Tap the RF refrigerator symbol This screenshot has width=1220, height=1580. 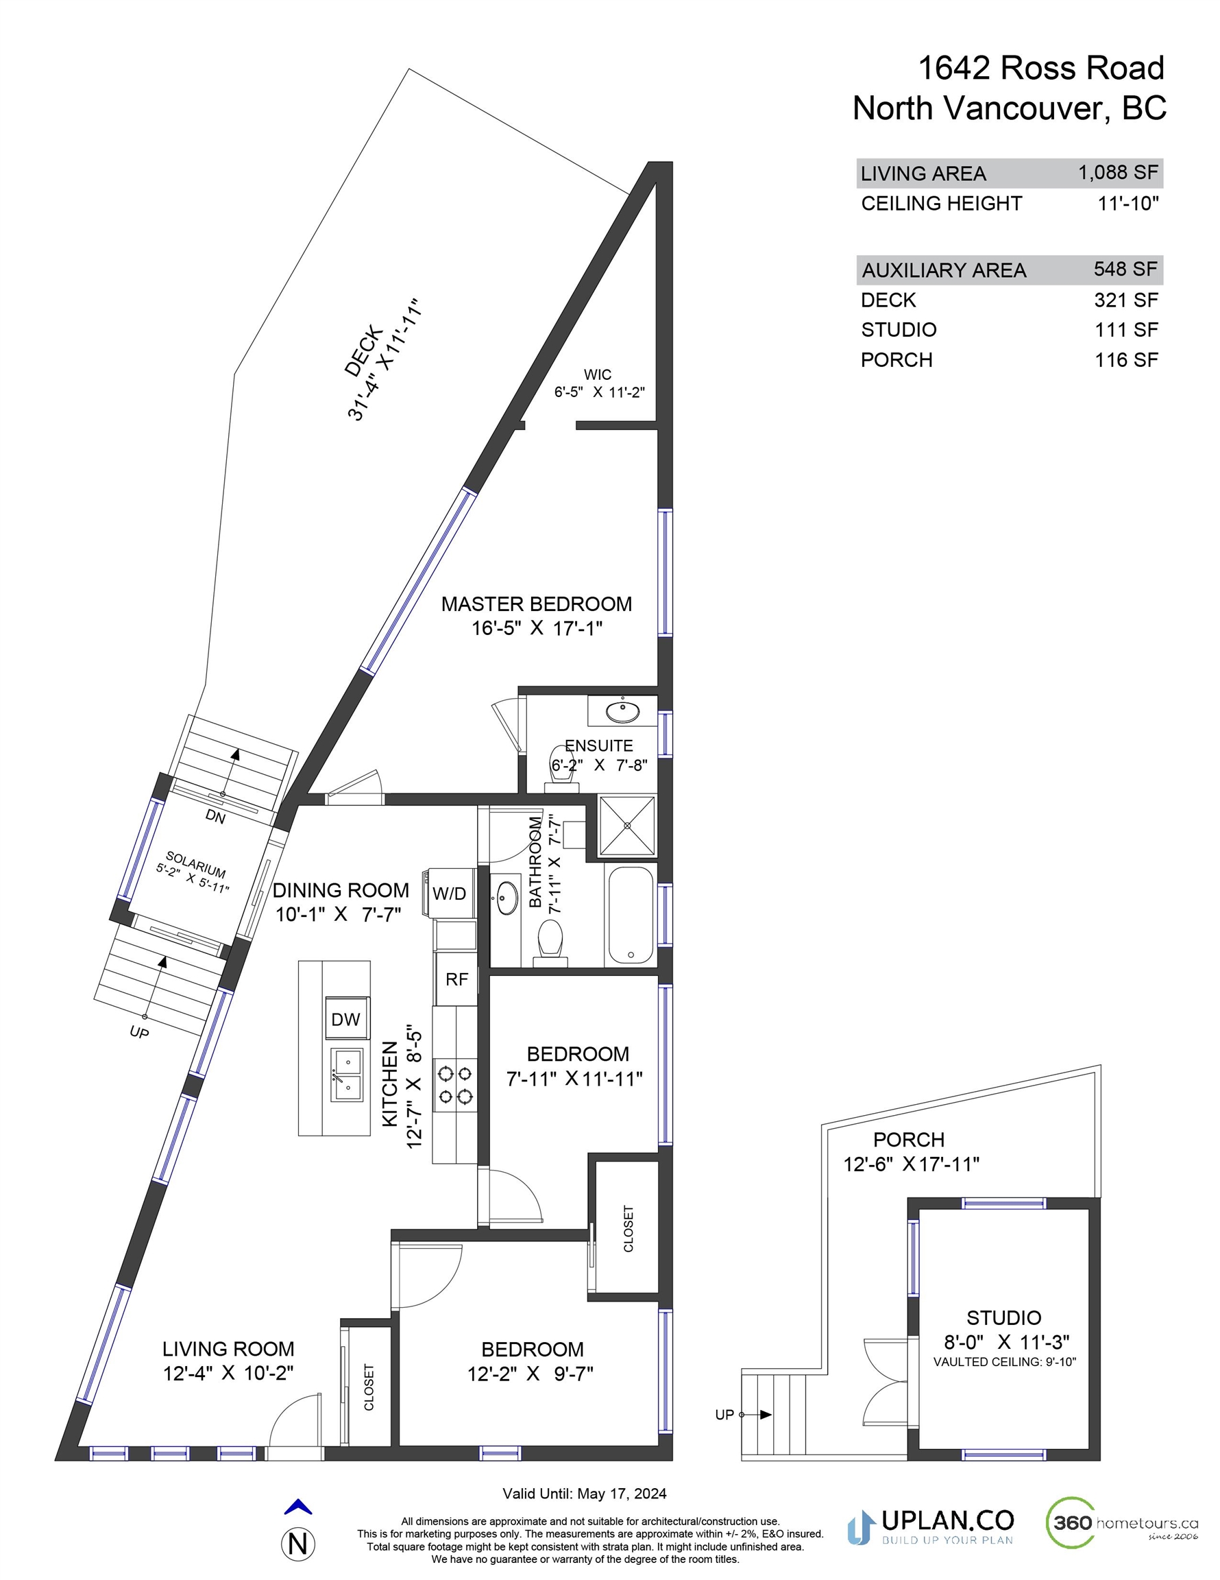pos(456,979)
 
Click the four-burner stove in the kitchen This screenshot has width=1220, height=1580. pos(455,1084)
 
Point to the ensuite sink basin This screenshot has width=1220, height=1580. pos(622,712)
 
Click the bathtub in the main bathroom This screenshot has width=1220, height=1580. pos(631,915)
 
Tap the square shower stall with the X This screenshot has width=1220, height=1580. pos(627,826)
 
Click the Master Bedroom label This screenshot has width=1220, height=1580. pos(537,604)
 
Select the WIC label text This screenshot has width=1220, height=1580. pos(598,374)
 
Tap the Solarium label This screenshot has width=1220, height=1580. pos(195,865)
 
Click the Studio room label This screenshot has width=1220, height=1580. pos(1004,1317)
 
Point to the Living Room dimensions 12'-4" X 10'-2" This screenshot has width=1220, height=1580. pos(228,1373)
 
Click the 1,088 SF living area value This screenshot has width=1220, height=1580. pos(1118,172)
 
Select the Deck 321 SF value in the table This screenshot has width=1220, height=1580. pos(1126,300)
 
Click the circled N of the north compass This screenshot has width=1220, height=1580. pos(298,1544)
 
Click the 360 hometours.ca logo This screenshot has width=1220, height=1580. pos(1122,1523)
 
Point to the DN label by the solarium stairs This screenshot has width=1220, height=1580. pos(215,817)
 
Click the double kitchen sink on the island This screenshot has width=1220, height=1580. pos(347,1075)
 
